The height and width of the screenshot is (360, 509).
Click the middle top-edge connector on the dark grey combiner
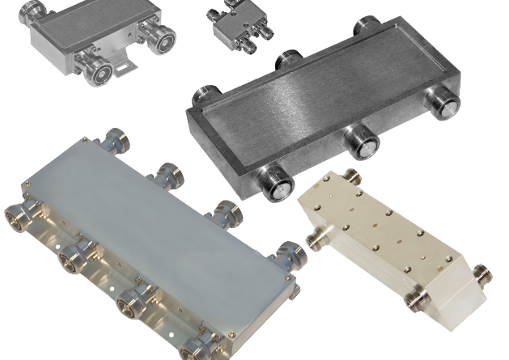pos(287,60)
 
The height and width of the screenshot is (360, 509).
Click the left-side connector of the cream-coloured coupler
pos(314,237)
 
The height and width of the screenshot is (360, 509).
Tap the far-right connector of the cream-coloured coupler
pos(481,275)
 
